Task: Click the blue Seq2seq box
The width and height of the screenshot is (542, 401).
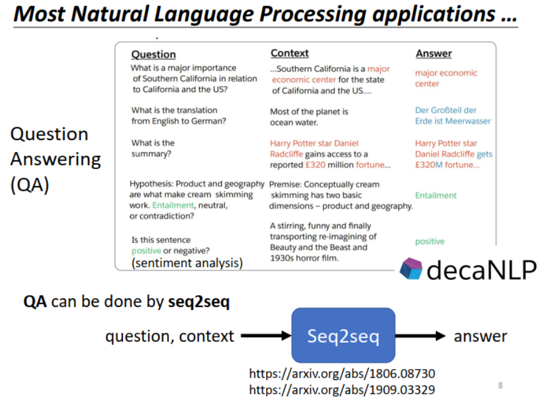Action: [x=343, y=335]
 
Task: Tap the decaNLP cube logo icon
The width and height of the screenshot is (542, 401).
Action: [x=411, y=269]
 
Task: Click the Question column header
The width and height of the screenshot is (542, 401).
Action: [x=154, y=54]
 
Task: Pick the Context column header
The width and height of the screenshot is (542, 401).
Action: [x=289, y=54]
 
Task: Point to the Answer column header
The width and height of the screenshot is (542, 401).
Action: [x=434, y=54]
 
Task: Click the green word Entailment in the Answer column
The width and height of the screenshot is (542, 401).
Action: [x=436, y=196]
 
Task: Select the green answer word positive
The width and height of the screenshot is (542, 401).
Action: [x=430, y=242]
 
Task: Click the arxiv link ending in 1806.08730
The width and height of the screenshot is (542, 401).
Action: [x=342, y=373]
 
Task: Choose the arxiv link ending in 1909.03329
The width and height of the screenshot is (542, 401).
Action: [x=342, y=389]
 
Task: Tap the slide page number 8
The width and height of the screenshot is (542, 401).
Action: [x=500, y=386]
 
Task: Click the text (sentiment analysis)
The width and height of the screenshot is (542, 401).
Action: [x=187, y=263]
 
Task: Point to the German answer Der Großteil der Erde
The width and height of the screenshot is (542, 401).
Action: [x=453, y=116]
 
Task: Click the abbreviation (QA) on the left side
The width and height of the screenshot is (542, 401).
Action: [x=29, y=185]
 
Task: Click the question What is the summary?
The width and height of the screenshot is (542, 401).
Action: [x=153, y=148]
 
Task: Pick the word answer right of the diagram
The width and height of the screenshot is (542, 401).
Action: [x=481, y=336]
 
